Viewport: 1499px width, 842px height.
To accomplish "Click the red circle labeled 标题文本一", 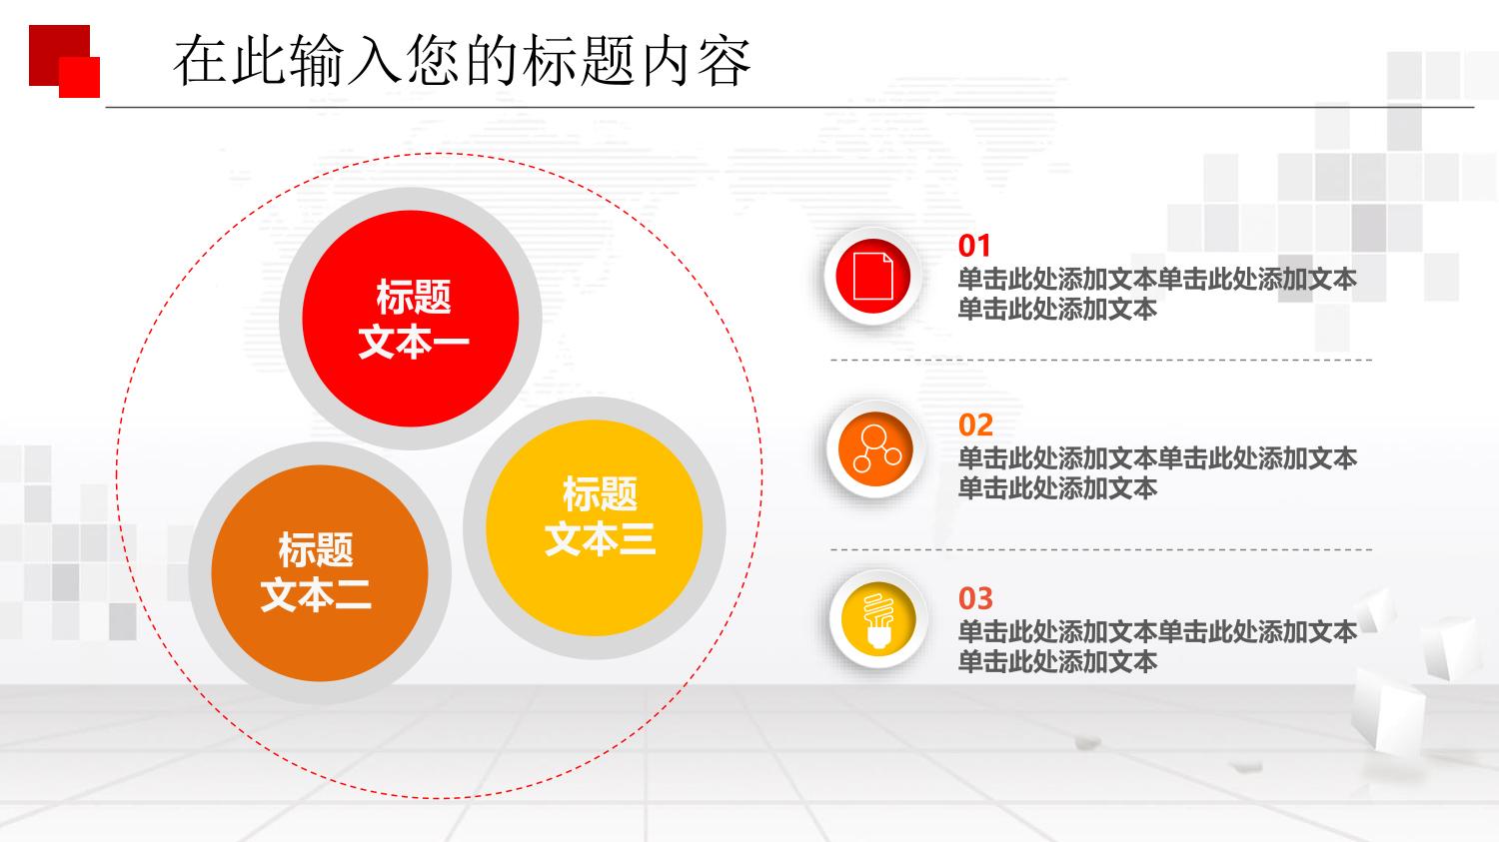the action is click(x=410, y=319).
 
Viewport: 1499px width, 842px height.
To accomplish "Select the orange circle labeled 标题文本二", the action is click(x=320, y=573).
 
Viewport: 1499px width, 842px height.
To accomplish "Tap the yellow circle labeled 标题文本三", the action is click(x=595, y=527).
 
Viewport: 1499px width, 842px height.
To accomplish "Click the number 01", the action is click(x=973, y=246).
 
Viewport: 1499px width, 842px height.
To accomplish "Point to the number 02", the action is click(x=975, y=425).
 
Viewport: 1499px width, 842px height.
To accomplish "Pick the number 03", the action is click(x=975, y=598).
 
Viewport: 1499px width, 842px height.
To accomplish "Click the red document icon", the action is click(x=872, y=276).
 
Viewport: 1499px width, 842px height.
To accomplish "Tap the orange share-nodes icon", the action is click(x=876, y=448).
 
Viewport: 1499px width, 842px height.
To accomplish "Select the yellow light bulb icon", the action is click(x=878, y=620).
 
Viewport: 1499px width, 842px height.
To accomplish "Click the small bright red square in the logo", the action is click(x=80, y=78).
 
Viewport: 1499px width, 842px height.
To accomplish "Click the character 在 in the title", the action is click(x=200, y=62).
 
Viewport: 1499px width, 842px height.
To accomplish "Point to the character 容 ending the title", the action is click(x=724, y=62).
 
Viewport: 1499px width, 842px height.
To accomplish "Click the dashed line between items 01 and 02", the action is click(x=1101, y=360).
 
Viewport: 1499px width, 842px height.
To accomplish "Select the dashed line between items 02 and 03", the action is click(x=1101, y=549).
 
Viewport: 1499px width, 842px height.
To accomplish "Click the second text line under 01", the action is click(x=1057, y=309).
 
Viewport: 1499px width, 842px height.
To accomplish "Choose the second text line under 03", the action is click(x=1057, y=662).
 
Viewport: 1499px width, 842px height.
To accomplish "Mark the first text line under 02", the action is click(x=1157, y=458).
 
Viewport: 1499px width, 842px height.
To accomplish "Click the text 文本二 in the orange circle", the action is click(x=316, y=595).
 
